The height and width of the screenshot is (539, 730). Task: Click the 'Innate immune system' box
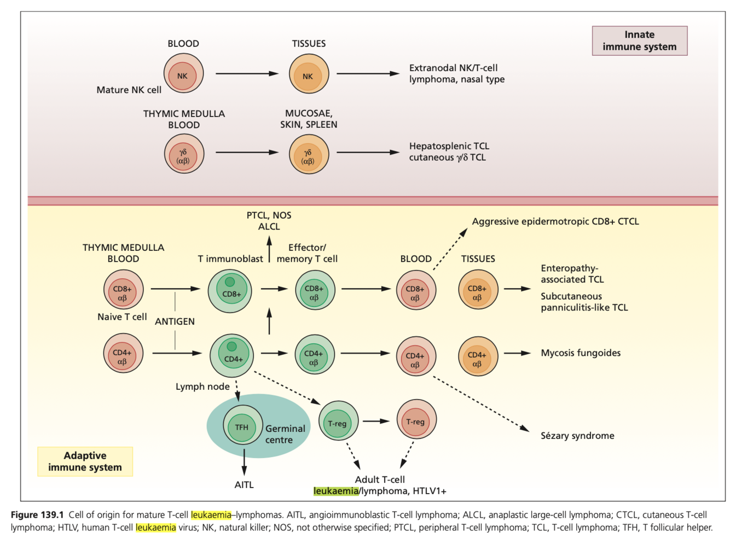click(639, 41)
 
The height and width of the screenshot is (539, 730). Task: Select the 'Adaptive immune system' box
click(85, 461)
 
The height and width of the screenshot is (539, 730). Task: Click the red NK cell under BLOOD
click(183, 74)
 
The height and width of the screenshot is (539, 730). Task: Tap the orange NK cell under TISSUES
click(309, 74)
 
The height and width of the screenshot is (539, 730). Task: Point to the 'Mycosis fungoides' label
click(581, 353)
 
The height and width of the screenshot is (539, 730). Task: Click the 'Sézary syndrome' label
click(577, 436)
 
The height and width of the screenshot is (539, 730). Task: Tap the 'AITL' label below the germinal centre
click(244, 485)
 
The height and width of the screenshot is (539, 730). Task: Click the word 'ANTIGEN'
click(175, 321)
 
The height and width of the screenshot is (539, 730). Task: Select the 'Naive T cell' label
click(122, 317)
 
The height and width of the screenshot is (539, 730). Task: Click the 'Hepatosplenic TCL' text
click(449, 146)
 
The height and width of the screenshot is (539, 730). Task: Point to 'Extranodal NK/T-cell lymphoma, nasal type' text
click(456, 74)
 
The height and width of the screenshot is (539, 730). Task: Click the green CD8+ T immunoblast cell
click(230, 290)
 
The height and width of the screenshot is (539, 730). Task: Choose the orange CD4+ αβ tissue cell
click(478, 356)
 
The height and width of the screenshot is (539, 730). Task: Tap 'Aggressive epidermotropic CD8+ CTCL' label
click(555, 221)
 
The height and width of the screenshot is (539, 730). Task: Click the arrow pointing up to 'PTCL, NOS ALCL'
click(269, 249)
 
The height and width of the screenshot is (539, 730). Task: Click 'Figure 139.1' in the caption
click(37, 515)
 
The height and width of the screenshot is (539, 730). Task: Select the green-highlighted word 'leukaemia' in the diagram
click(335, 491)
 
